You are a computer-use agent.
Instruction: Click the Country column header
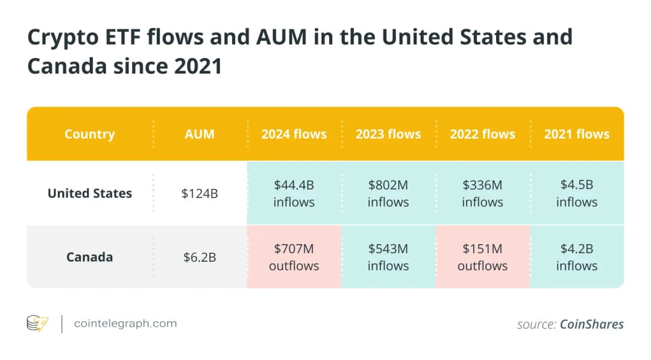pyautogui.click(x=90, y=134)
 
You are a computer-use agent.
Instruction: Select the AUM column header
pyautogui.click(x=200, y=134)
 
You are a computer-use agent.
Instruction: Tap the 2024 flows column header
pyautogui.click(x=294, y=134)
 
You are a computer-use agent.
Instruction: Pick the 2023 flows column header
pyautogui.click(x=388, y=134)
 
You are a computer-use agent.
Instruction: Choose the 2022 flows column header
pyautogui.click(x=482, y=134)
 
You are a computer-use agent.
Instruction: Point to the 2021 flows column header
pyautogui.click(x=577, y=134)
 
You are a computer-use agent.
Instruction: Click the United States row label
pyautogui.click(x=90, y=194)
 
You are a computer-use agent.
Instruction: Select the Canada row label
pyautogui.click(x=90, y=257)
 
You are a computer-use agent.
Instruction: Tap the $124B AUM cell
pyautogui.click(x=200, y=194)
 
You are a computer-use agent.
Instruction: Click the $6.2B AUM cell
pyautogui.click(x=200, y=257)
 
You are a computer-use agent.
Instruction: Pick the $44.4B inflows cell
pyautogui.click(x=294, y=194)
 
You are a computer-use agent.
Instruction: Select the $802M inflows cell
pyautogui.click(x=388, y=194)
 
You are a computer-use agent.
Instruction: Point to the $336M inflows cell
pyautogui.click(x=482, y=194)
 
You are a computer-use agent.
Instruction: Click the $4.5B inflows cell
pyautogui.click(x=577, y=194)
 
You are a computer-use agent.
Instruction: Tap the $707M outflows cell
pyautogui.click(x=294, y=257)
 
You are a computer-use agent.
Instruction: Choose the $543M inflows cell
pyautogui.click(x=388, y=257)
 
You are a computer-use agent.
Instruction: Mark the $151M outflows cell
pyautogui.click(x=482, y=257)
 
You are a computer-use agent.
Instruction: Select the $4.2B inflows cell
pyautogui.click(x=577, y=257)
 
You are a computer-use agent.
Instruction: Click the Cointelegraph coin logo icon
pyautogui.click(x=37, y=324)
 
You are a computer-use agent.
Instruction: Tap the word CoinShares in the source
pyautogui.click(x=591, y=324)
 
